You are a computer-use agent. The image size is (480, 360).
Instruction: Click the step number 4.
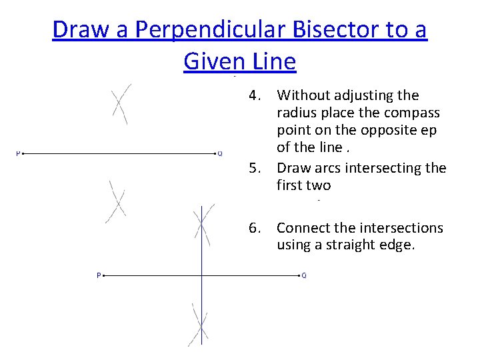255,96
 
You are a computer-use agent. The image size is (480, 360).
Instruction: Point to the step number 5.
255,167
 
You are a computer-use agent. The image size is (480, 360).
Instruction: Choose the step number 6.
255,228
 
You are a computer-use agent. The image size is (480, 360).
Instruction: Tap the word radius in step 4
297,113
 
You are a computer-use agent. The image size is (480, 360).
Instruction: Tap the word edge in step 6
398,245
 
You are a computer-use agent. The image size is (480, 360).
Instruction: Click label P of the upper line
17,153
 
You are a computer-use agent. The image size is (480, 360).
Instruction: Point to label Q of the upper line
220,153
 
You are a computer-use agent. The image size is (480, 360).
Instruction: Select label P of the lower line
99,275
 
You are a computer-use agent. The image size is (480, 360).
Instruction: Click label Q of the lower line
304,275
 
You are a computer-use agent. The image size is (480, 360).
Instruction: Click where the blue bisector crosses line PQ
202,275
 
